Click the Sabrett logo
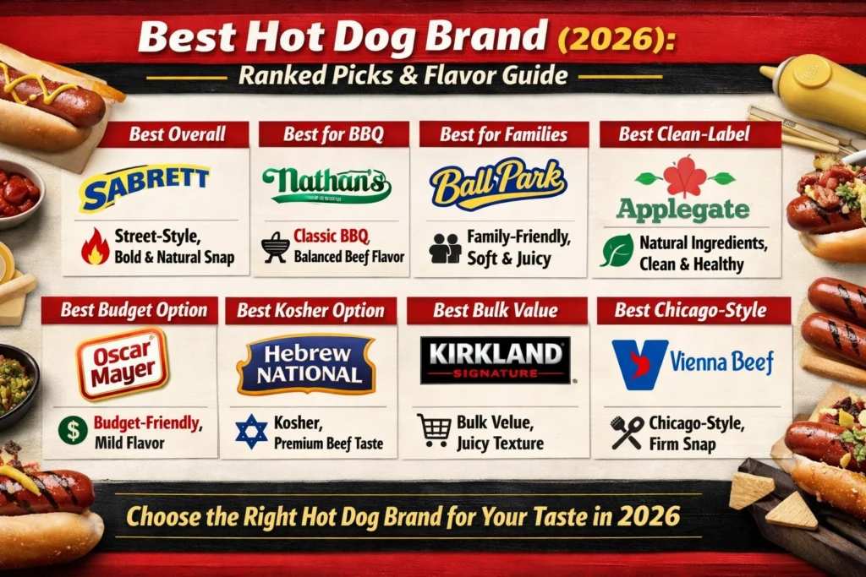point(143,187)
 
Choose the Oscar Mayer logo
point(123,362)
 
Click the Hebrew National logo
point(306,364)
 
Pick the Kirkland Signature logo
point(495,360)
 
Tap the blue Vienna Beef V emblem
point(640,364)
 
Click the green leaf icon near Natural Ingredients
point(617,251)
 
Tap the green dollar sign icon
point(73,430)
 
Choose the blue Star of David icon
point(252,432)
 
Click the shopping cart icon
point(434,430)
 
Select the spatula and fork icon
point(627,432)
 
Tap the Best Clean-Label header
point(683,134)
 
